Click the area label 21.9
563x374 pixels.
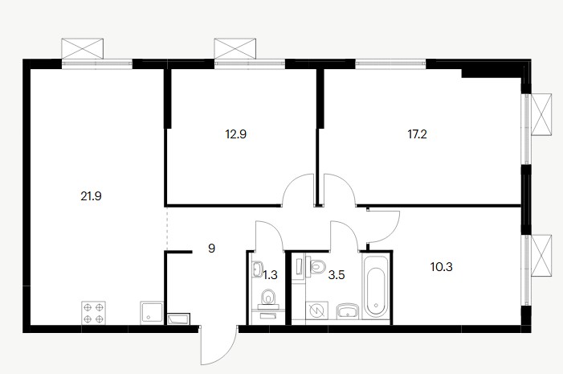click(92, 196)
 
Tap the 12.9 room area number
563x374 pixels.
click(235, 134)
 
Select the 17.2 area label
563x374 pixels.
click(417, 134)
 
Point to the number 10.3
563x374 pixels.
click(441, 267)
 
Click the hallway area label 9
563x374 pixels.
click(211, 249)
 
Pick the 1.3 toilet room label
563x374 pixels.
click(271, 275)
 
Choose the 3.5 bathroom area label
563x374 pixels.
click(337, 275)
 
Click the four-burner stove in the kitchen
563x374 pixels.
click(94, 313)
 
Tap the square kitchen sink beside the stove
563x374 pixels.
click(152, 313)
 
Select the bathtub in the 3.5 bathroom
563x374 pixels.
click(376, 286)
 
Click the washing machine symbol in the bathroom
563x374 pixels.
click(316, 310)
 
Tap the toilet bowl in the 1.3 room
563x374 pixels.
click(268, 298)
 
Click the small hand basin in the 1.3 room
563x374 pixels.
click(258, 269)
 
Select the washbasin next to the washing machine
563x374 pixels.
click(348, 311)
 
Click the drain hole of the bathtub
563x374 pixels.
click(376, 306)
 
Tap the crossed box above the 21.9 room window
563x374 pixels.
click(83, 48)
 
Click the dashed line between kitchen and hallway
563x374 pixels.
click(166, 228)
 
